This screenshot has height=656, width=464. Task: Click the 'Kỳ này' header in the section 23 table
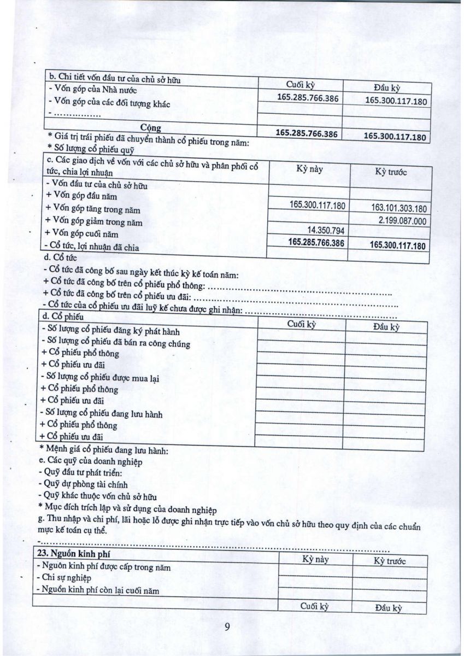pos(316,559)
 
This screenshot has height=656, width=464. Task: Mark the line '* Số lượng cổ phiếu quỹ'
pos(90,148)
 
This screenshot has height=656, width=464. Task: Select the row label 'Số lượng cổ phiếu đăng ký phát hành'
pos(110,331)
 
